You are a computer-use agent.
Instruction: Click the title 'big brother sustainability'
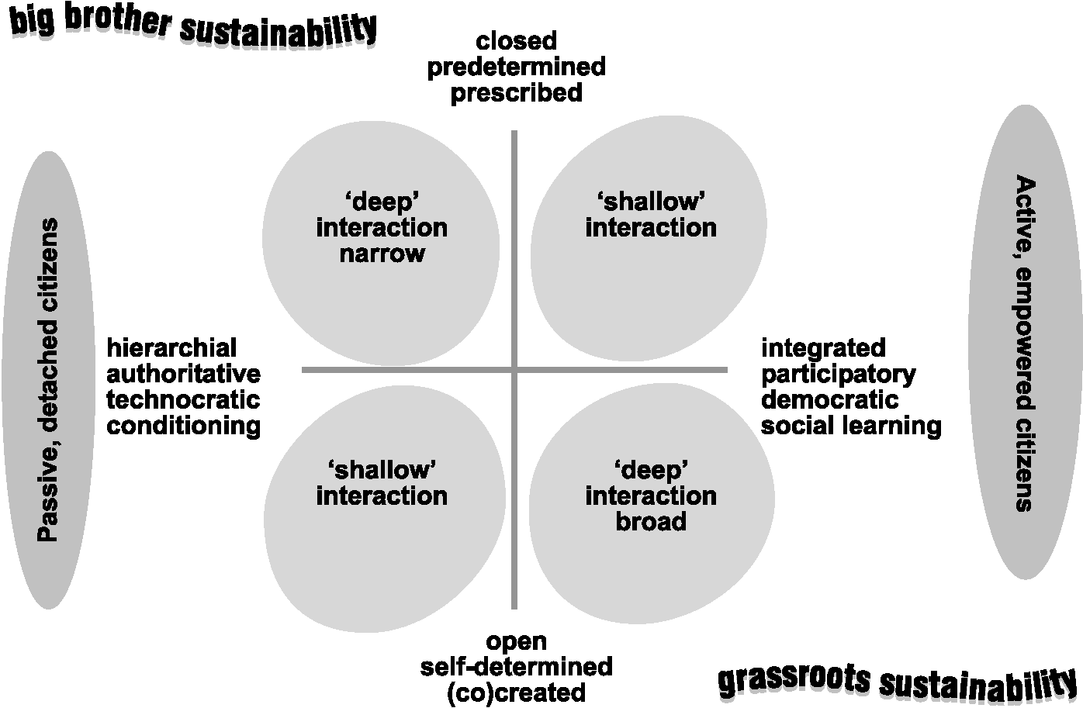192,25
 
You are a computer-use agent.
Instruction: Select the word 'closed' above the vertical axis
516,40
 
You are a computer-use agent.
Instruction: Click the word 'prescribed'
516,93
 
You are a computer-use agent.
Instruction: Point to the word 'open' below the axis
516,641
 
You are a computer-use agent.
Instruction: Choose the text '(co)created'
516,692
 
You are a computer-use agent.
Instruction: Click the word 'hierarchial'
171,347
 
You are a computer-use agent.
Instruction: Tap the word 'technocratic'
183,399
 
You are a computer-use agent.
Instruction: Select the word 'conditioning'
183,426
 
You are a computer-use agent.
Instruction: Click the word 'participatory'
838,374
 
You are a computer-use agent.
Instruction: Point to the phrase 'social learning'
851,426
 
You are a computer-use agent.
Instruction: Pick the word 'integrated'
823,347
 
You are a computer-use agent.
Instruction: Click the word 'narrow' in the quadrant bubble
382,254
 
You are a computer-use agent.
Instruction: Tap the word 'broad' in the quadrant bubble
651,522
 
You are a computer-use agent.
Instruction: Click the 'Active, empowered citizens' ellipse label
1026,343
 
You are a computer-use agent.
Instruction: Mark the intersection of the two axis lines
514,370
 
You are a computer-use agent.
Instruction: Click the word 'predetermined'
516,67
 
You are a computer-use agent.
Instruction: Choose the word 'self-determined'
516,667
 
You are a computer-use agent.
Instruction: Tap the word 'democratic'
829,399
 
